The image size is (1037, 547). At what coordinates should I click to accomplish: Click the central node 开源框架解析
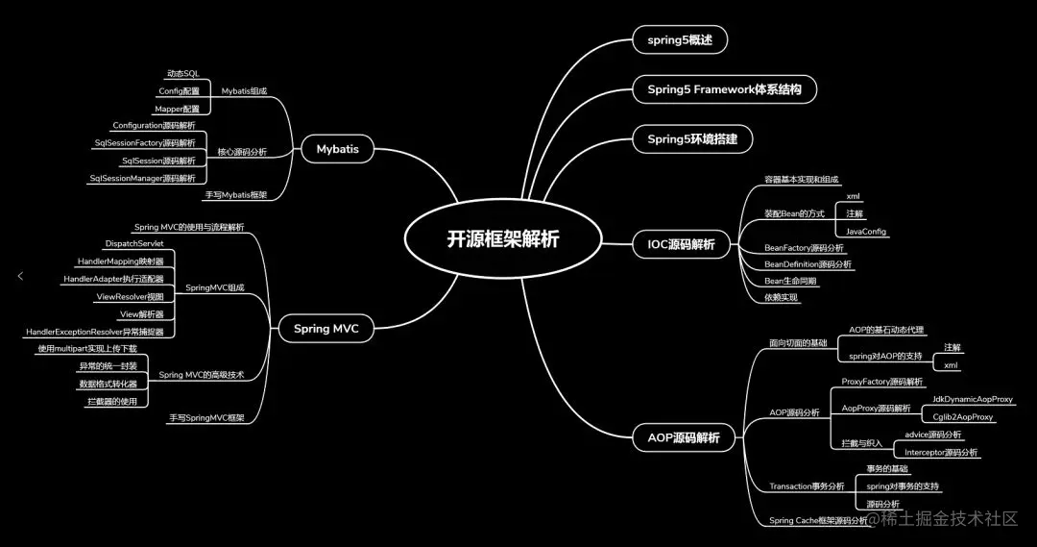[x=502, y=239]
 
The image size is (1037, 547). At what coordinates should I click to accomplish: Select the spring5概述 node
[x=680, y=40]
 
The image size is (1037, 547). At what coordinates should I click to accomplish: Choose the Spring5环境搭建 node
[x=692, y=138]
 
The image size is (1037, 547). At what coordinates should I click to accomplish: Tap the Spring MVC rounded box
[x=326, y=329]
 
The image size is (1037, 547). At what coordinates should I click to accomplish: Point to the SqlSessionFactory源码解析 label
[x=144, y=142]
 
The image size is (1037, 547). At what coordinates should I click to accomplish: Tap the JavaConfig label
[x=866, y=232]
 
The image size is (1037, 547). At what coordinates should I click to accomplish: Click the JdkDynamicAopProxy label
[x=972, y=399]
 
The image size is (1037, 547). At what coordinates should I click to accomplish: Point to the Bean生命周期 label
[x=790, y=281]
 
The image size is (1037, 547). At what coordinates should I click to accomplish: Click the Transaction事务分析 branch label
[x=807, y=486]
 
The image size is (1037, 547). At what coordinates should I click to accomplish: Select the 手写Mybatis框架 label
[x=235, y=195]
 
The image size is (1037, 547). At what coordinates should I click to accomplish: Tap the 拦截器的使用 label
[x=112, y=401]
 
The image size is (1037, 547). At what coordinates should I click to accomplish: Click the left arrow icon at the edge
[x=20, y=276]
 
